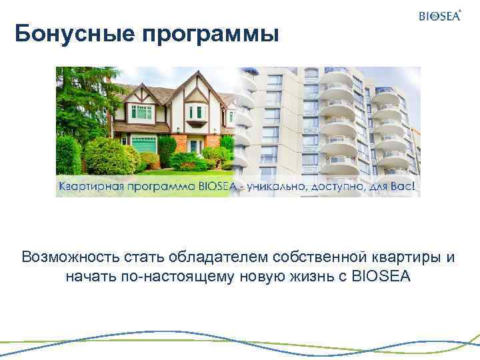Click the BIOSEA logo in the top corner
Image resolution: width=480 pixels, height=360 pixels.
click(440, 16)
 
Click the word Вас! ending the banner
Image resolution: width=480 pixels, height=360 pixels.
click(405, 187)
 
